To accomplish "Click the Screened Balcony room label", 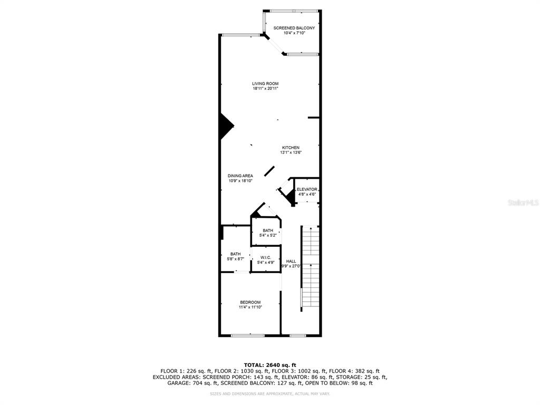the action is coord(294,28).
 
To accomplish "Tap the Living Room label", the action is coord(265,84).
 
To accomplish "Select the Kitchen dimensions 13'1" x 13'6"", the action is coord(291,152).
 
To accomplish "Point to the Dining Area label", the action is coord(240,176).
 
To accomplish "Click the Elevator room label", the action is coord(307,189).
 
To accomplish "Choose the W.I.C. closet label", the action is coord(266,257).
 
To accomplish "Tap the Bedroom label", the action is coord(250,302).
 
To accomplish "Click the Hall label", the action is coord(291,262).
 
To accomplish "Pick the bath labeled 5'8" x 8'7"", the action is coord(236,257).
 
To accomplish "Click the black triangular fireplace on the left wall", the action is coord(226,127).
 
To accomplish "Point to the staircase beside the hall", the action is coord(310,268).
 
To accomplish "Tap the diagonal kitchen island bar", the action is coord(269,171).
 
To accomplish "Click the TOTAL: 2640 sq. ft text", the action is coord(270,365).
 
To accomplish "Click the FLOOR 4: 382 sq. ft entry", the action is coord(354,371).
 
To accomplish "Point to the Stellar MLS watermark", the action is coord(523,202).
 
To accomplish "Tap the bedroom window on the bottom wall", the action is coord(248,335).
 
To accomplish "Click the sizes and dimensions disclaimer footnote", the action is coord(270,393).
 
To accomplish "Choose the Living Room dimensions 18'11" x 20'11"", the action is coord(266,89).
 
